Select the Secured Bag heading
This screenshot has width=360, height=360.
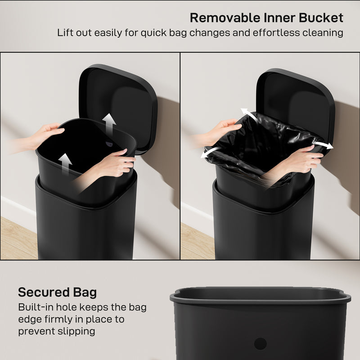point(57,292)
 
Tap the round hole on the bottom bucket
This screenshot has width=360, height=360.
point(260,344)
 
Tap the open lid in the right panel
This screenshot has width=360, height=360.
point(297,99)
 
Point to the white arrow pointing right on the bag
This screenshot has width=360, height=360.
point(324,145)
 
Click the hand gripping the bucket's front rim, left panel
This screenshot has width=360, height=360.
point(112,165)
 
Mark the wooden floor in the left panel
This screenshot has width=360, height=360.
point(18,238)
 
